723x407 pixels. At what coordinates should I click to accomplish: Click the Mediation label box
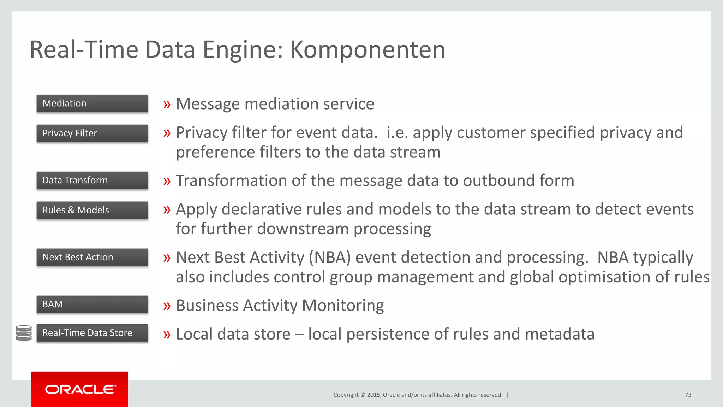(92, 104)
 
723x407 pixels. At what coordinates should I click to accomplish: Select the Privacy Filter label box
(92, 133)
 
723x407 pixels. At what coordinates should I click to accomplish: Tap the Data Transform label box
(92, 180)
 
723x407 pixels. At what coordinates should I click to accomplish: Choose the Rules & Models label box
(92, 210)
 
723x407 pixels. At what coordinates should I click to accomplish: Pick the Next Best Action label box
(92, 257)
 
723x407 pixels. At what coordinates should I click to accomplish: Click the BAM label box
(92, 304)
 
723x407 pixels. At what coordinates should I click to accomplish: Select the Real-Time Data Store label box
(92, 333)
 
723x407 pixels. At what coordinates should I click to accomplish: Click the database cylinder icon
(24, 333)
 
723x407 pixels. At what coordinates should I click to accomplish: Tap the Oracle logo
(80, 389)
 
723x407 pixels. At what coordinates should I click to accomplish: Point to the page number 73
(688, 395)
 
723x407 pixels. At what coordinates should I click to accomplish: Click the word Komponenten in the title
(368, 50)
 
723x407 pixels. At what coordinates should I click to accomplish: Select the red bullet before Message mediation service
(167, 105)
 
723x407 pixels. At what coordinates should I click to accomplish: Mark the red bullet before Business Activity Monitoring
(167, 306)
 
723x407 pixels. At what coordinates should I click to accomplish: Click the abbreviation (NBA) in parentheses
(330, 258)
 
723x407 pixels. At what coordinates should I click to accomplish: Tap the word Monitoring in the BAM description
(343, 306)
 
